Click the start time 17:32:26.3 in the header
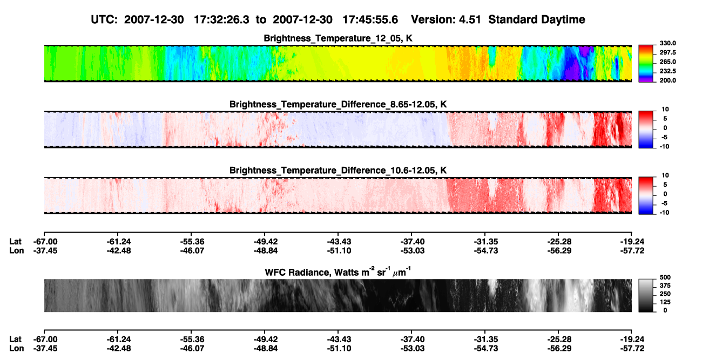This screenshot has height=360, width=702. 221,20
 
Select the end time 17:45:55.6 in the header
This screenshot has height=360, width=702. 370,20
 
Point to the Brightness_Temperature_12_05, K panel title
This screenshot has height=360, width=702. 338,38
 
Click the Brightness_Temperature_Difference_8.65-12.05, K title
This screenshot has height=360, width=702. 338,104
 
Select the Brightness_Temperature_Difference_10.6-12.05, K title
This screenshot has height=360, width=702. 338,171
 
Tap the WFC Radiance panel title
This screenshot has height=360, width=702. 338,272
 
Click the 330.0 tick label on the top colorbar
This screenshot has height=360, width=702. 667,43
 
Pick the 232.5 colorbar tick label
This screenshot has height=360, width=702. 667,71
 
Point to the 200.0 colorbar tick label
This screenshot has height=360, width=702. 667,80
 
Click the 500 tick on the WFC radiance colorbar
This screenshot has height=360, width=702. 665,277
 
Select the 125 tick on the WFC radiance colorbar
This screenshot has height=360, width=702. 665,302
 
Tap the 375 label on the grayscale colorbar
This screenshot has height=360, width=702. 665,286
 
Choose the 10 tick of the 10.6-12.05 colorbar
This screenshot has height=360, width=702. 665,175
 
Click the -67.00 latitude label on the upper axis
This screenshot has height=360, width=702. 45,242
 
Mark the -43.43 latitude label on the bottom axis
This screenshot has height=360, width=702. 339,339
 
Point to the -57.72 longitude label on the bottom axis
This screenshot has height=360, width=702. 632,349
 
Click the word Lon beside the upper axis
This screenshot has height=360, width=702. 16,250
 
